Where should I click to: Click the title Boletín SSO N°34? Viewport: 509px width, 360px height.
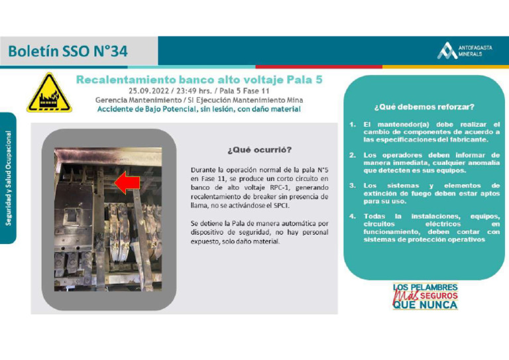[68, 51]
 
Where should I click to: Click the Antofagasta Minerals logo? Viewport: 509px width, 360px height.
[465, 50]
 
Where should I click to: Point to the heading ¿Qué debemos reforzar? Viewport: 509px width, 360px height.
[424, 106]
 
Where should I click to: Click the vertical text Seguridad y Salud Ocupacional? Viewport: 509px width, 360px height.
[9, 177]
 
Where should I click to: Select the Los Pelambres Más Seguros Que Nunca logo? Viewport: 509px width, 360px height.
[425, 296]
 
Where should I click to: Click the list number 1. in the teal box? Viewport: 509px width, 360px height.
[353, 124]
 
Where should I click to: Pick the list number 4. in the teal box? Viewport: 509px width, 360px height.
[353, 216]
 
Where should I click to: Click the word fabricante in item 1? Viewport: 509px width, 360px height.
[471, 139]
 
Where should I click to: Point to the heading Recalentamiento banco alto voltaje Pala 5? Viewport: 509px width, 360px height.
[199, 79]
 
